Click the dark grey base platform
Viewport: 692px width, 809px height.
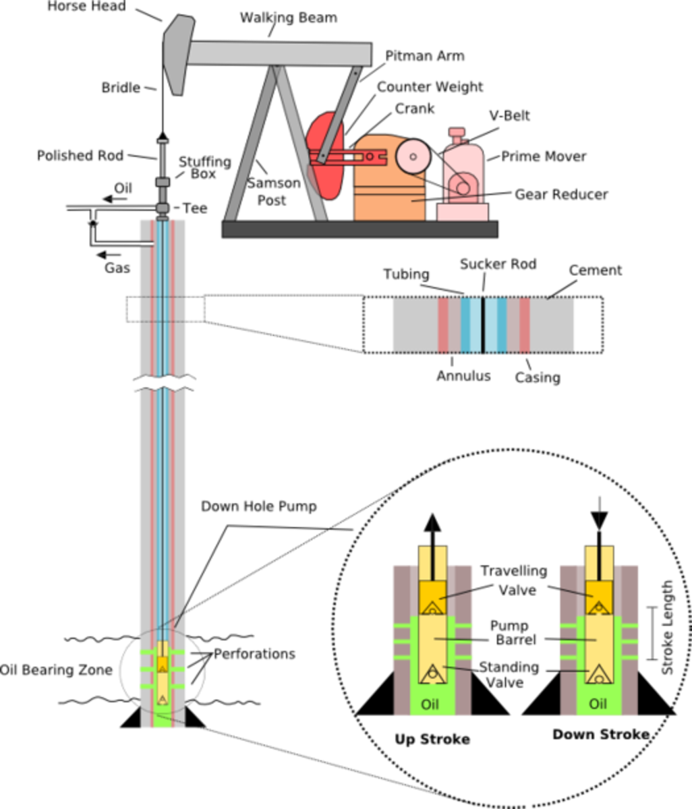click(359, 229)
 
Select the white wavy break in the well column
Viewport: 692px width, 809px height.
click(163, 384)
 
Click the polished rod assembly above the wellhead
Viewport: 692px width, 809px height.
click(163, 179)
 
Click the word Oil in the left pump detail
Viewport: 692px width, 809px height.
click(430, 705)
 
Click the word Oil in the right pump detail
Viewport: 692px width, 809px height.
click(598, 705)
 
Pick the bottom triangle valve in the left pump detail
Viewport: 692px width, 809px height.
click(430, 672)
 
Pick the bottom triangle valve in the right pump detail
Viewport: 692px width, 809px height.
click(598, 673)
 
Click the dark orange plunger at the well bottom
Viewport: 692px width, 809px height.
click(163, 663)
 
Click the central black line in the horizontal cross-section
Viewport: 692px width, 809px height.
click(484, 326)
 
